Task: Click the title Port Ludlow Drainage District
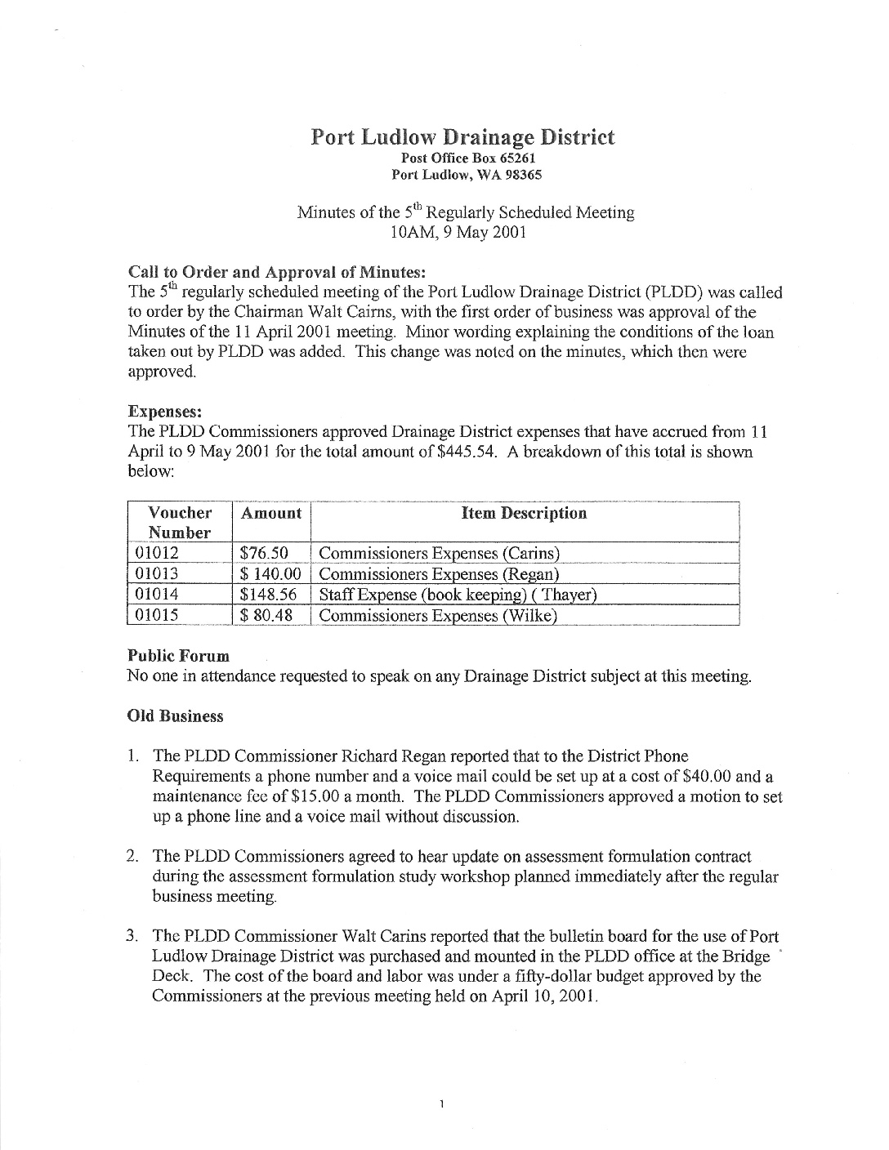pyautogui.click(x=462, y=137)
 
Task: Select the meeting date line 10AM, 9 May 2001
pyautogui.click(x=458, y=232)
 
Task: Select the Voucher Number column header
pyautogui.click(x=180, y=523)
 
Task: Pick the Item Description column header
pyautogui.click(x=524, y=514)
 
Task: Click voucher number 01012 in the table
pyautogui.click(x=156, y=554)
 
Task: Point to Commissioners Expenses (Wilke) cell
pyautogui.click(x=438, y=615)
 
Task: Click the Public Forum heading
pyautogui.click(x=178, y=656)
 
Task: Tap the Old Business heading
pyautogui.click(x=175, y=716)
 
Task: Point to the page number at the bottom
pyautogui.click(x=441, y=1105)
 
